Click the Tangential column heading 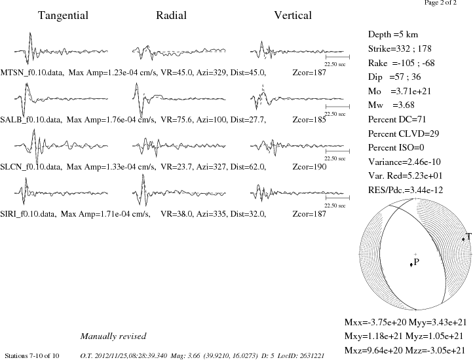(63, 16)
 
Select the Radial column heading (171, 15)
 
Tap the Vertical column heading (293, 15)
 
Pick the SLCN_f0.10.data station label (31, 167)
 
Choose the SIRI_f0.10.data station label (28, 214)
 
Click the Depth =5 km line (393, 35)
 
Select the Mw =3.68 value (391, 105)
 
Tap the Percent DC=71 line (397, 119)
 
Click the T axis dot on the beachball (463, 239)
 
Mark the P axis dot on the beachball (411, 264)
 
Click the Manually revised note (113, 336)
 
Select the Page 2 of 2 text (441, 3)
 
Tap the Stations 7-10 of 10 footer (32, 356)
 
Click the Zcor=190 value (309, 167)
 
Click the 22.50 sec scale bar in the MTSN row (337, 56)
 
